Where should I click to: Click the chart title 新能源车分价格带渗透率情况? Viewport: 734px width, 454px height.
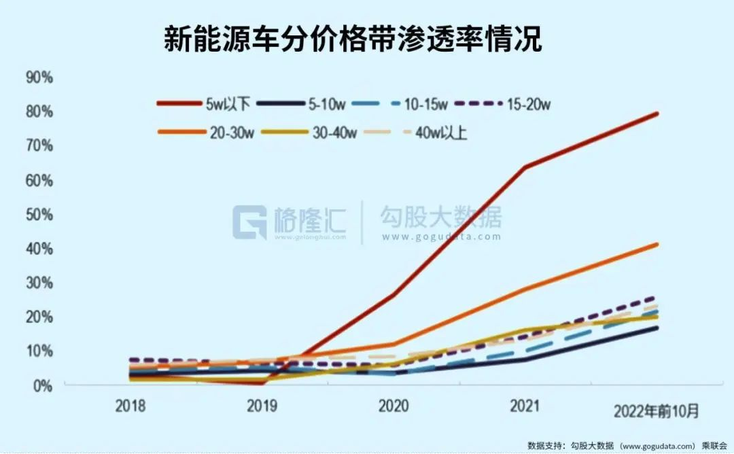(x=353, y=39)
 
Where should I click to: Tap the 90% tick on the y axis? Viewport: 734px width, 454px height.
(x=39, y=77)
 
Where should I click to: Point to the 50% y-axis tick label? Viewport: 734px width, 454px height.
(x=39, y=214)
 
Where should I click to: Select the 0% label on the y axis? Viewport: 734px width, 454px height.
(x=42, y=385)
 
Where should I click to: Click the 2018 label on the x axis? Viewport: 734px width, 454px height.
(x=130, y=406)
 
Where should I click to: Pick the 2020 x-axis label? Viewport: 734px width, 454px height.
(x=393, y=406)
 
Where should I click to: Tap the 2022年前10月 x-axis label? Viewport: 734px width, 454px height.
(x=656, y=411)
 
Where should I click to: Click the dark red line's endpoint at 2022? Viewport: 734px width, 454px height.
(x=657, y=113)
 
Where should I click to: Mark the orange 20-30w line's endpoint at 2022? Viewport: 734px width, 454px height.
(x=657, y=244)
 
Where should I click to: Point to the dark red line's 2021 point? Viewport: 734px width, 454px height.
(x=525, y=167)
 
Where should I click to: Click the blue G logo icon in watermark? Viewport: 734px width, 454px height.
(x=249, y=222)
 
